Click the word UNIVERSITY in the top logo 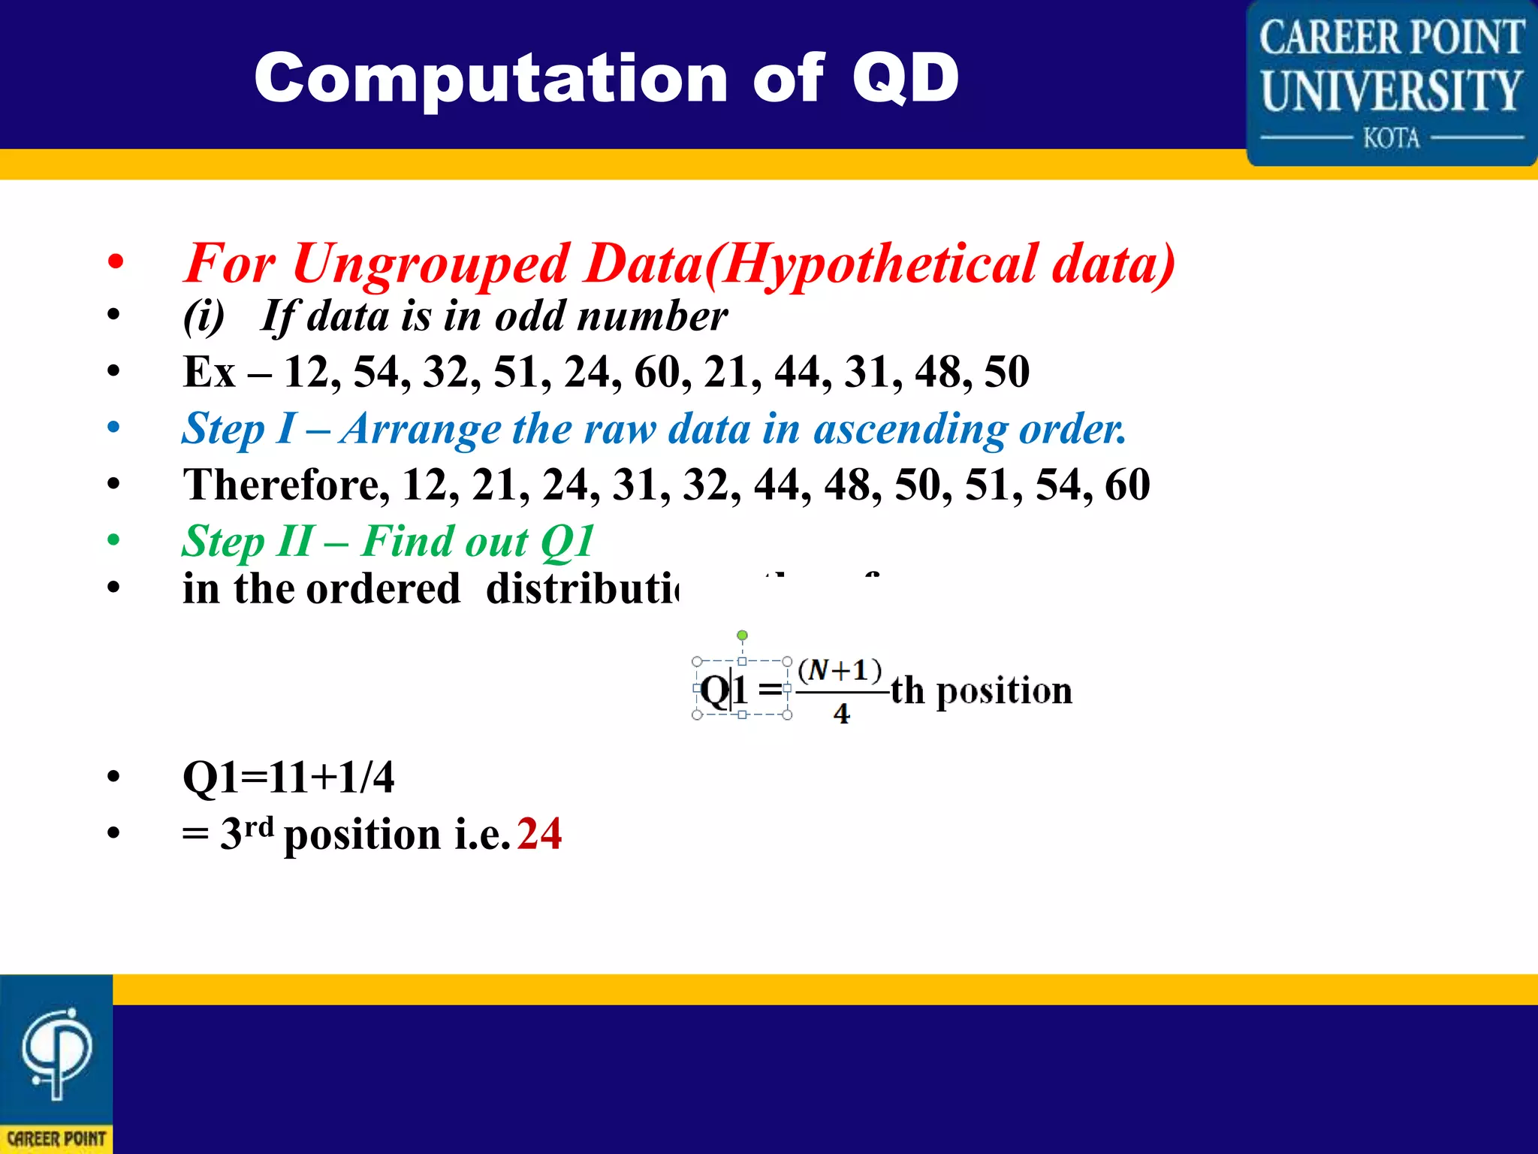(1391, 90)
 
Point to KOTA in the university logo (1391, 138)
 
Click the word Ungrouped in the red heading (430, 264)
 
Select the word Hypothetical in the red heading (879, 264)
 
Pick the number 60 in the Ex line (659, 372)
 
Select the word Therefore (285, 485)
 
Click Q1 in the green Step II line (567, 541)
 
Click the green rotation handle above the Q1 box (742, 636)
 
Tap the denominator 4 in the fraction (841, 713)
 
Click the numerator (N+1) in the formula (840, 669)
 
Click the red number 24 (539, 833)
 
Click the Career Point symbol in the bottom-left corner (56, 1052)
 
